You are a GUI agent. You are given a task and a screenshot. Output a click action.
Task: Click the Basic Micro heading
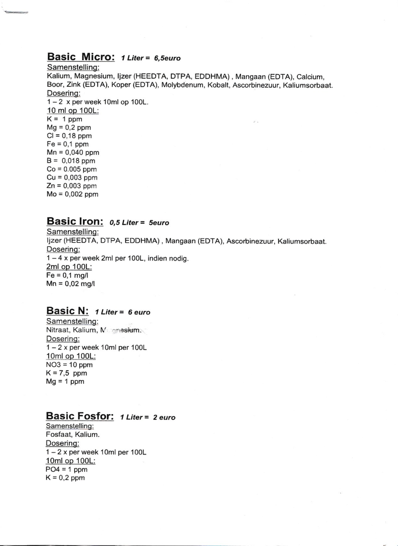[81, 57]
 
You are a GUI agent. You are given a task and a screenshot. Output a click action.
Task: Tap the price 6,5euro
[168, 58]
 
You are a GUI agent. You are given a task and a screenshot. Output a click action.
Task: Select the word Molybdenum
[179, 85]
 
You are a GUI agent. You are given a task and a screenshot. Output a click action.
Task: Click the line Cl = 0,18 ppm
[69, 136]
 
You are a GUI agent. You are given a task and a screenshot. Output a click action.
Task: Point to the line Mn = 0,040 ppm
[73, 152]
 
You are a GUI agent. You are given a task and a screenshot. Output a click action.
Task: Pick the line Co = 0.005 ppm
[72, 169]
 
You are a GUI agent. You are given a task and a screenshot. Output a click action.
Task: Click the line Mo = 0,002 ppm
[72, 194]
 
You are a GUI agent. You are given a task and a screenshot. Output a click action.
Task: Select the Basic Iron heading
[75, 222]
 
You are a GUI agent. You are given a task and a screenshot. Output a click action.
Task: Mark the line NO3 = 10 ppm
[69, 364]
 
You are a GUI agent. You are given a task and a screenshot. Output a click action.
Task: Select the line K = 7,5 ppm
[66, 373]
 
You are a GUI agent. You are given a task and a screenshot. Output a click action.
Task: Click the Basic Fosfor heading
[80, 416]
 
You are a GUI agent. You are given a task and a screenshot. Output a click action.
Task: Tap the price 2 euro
[164, 417]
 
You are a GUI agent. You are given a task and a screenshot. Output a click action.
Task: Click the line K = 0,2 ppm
[65, 478]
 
